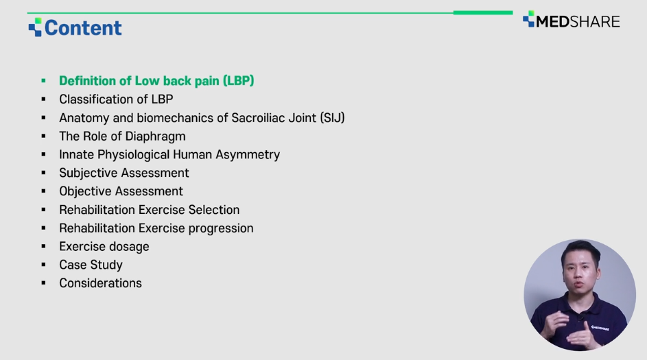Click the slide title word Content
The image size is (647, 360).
(83, 28)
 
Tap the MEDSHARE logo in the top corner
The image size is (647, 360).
(572, 20)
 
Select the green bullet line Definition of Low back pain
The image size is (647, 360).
(156, 81)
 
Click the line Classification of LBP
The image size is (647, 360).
(116, 99)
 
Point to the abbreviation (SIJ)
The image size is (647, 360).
(332, 118)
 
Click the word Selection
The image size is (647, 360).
(214, 210)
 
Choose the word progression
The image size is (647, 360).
(221, 228)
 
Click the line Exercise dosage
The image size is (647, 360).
(104, 247)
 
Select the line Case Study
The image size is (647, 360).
(91, 265)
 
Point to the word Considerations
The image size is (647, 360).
(100, 283)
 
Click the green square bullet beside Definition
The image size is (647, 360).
(43, 81)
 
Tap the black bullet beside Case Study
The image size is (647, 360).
(43, 265)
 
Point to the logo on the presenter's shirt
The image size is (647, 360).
(600, 328)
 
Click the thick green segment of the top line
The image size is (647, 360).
(483, 13)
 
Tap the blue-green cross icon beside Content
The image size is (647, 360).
(35, 27)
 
